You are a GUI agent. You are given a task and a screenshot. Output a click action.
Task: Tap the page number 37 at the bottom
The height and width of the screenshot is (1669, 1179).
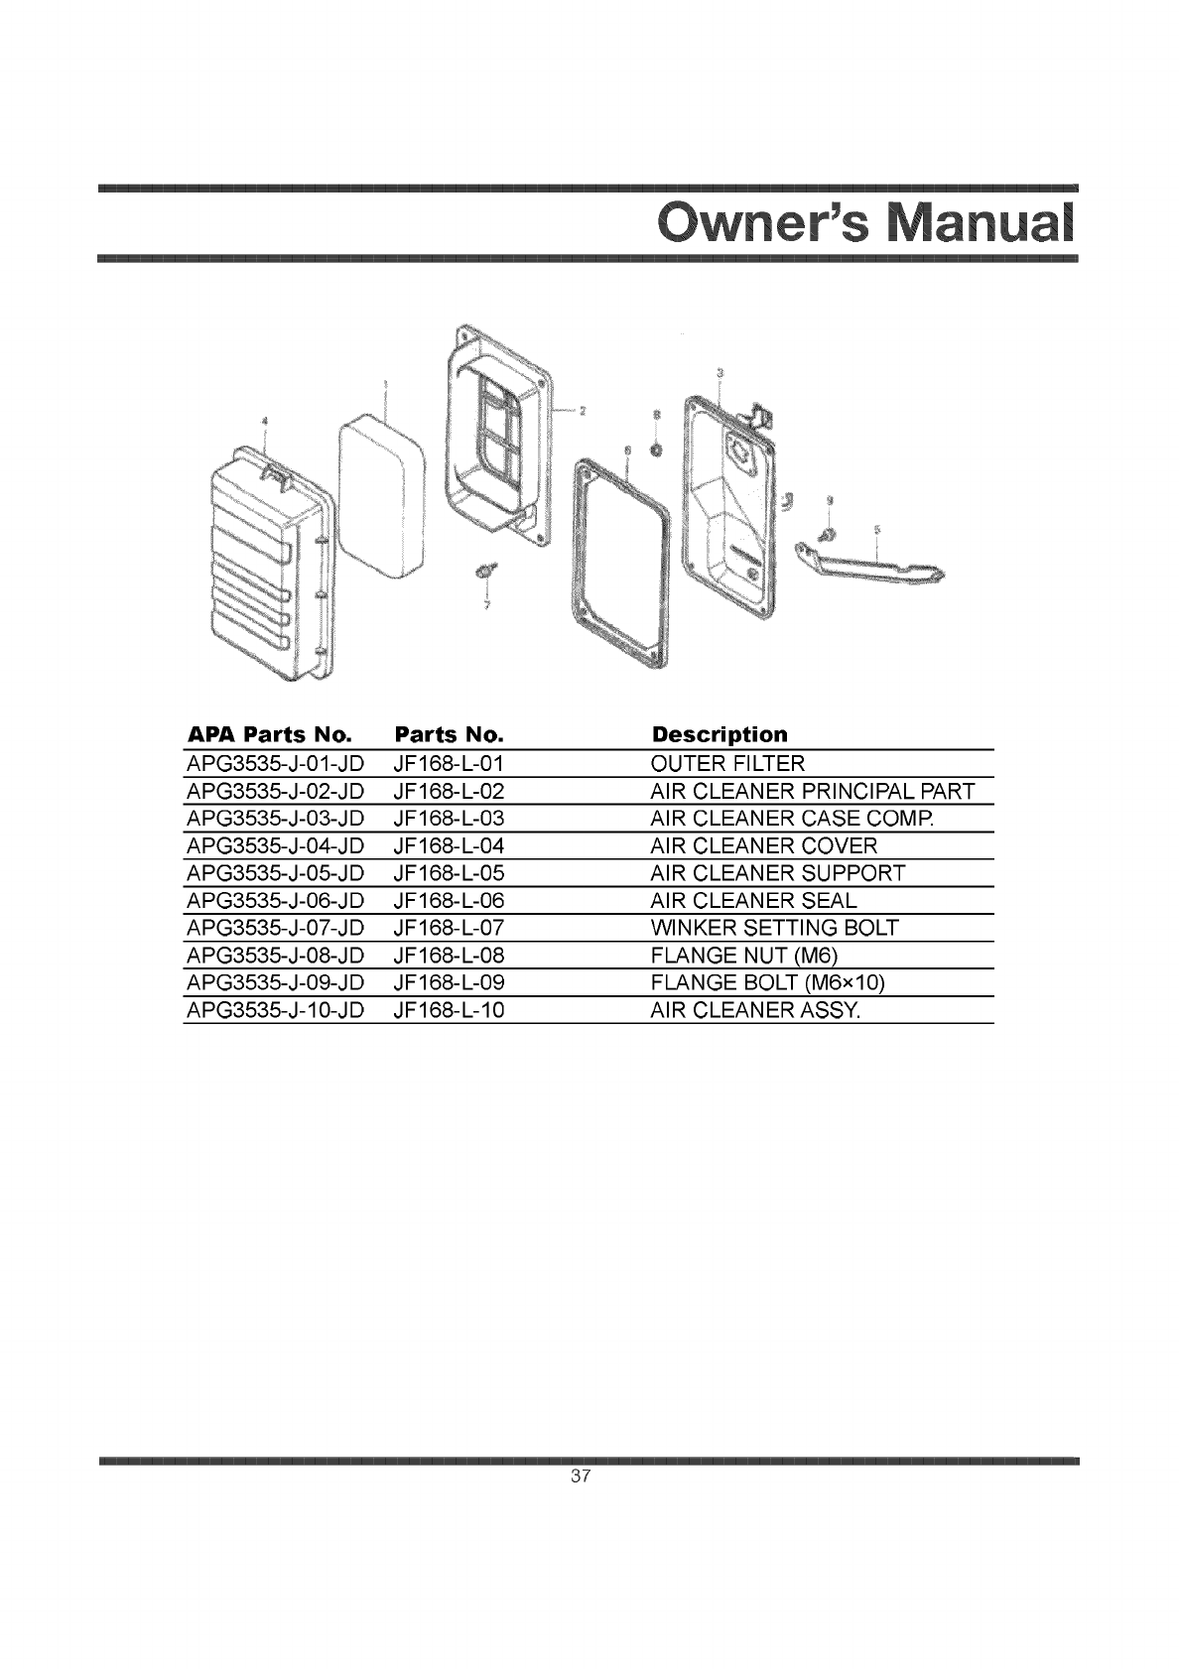582,1476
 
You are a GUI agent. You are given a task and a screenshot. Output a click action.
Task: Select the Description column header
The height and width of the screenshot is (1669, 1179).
719,735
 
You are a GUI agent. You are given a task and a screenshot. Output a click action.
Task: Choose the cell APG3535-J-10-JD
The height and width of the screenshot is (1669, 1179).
275,1010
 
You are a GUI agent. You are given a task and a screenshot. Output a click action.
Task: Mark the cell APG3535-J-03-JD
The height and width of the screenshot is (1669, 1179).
275,819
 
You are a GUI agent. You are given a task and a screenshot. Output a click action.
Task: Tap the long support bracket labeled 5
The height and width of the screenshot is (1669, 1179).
873,566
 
